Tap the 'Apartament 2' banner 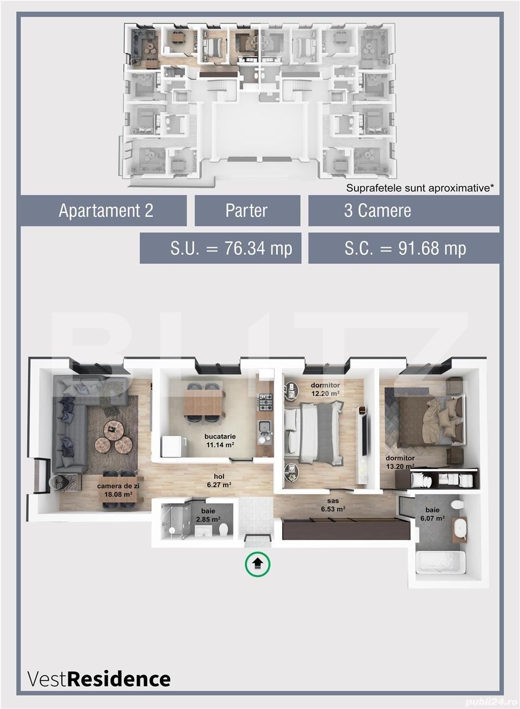coord(106,211)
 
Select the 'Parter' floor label coord(246,211)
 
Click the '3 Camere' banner coord(378,211)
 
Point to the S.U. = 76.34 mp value coord(231,248)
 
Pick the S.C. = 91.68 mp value coord(405,248)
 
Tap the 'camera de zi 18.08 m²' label coord(118,490)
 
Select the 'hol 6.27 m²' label coord(219,480)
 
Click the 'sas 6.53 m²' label coord(333,505)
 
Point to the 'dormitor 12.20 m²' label coord(325,389)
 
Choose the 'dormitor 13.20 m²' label coord(400,462)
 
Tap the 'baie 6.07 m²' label coord(432,514)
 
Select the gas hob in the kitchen coord(266,401)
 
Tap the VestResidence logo coord(99,679)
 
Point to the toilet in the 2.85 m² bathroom coord(224,529)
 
